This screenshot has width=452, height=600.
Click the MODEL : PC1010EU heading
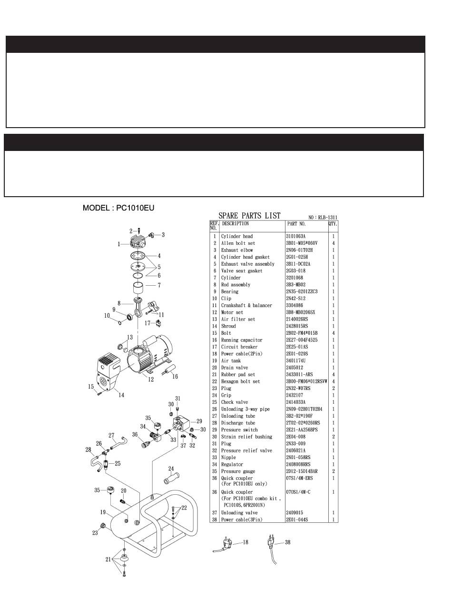[118, 208]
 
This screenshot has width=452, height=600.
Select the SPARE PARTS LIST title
[249, 216]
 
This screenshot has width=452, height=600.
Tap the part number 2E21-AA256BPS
[305, 430]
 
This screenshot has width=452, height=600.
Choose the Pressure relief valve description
[245, 450]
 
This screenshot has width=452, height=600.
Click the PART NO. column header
[296, 223]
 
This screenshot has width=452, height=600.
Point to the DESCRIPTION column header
[235, 223]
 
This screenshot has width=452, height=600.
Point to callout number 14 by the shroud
[121, 395]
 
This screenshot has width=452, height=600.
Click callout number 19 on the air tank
[102, 512]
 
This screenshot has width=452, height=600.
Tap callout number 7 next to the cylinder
[159, 286]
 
